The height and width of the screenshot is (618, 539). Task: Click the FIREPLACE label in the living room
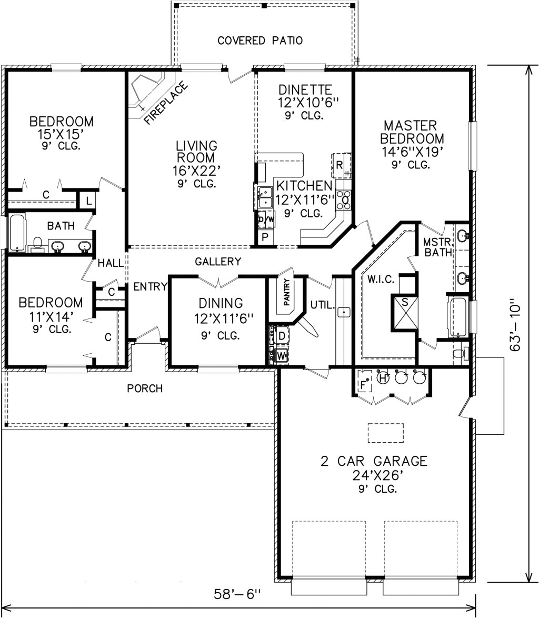click(165, 104)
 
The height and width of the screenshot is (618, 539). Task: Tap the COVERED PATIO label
click(260, 41)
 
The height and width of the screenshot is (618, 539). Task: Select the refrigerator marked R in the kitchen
click(340, 165)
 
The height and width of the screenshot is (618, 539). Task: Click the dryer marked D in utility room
click(281, 335)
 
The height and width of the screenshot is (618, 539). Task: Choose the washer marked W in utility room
click(281, 355)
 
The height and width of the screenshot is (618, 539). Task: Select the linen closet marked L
click(87, 201)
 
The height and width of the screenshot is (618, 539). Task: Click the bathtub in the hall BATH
click(17, 232)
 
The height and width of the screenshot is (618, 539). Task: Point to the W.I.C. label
click(381, 279)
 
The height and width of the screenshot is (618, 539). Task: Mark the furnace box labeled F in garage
click(363, 384)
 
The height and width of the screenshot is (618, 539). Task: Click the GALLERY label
click(218, 262)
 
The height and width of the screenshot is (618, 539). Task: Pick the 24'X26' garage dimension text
click(374, 476)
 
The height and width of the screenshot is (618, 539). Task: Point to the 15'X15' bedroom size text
click(62, 134)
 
